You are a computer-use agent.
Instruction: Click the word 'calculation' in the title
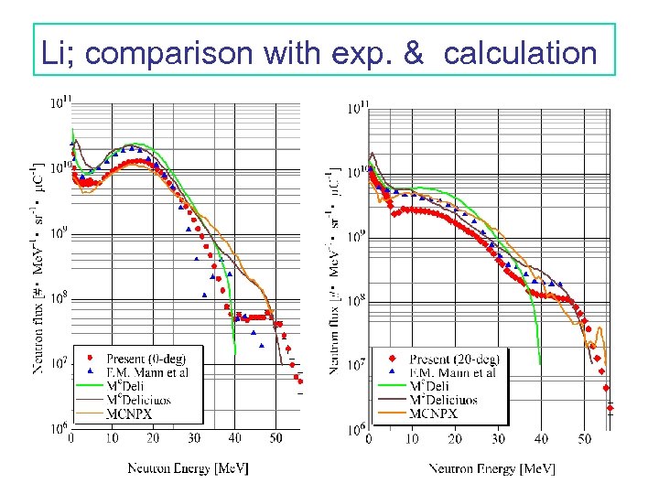pos(520,52)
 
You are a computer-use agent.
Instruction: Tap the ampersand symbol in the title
pos(413,52)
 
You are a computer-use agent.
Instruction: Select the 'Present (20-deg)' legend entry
pos(454,359)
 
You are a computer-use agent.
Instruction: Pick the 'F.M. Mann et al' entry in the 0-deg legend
pos(147,372)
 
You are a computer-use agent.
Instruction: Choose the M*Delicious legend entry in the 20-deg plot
pos(449,400)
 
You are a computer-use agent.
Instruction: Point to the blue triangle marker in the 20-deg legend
pos(391,372)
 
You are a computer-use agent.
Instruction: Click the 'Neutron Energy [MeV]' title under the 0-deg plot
pos(188,468)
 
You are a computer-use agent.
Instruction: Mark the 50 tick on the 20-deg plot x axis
pos(584,439)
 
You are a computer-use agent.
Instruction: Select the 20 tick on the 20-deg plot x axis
pos(455,439)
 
